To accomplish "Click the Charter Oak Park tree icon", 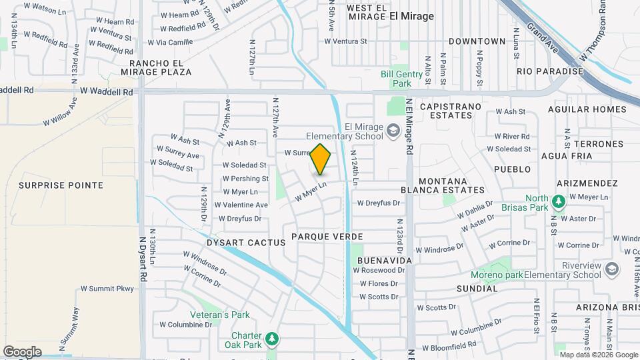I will coord(271,339).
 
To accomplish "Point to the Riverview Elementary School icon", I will coord(613,268).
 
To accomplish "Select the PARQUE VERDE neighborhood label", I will coord(327,237).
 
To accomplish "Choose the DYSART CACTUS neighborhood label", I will coord(246,243).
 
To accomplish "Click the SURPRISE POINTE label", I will coord(61,185).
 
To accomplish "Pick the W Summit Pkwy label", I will coord(107,289).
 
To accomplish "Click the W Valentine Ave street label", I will coord(245,205).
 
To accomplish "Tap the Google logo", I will coord(22,352).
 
